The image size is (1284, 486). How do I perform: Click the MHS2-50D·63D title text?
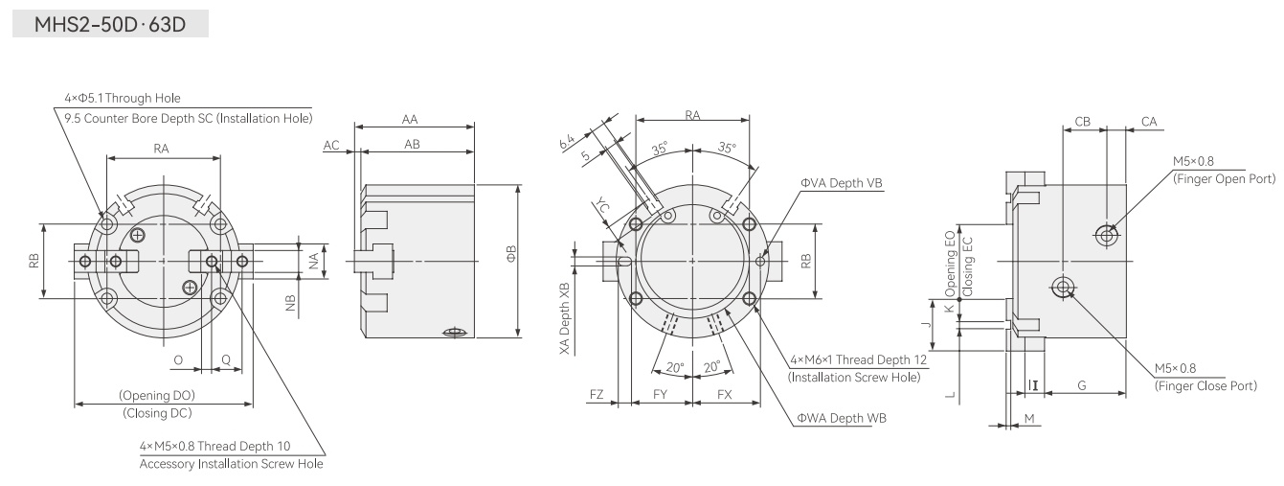click(x=110, y=25)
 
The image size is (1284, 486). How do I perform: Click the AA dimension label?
click(x=409, y=120)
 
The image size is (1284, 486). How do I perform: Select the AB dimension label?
click(x=412, y=144)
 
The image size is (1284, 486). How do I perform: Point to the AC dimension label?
click(x=331, y=145)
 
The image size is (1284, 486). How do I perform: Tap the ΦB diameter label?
click(x=511, y=254)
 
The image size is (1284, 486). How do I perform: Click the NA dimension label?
click(x=313, y=261)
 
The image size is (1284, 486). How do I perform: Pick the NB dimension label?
click(x=290, y=303)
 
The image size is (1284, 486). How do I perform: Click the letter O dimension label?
click(x=178, y=359)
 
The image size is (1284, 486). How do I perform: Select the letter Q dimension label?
click(x=226, y=359)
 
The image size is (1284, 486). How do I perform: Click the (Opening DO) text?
click(x=157, y=395)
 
